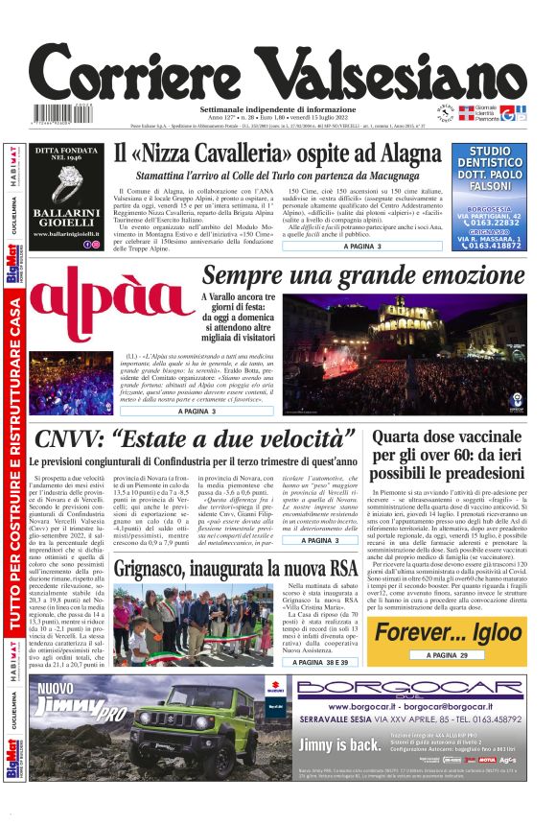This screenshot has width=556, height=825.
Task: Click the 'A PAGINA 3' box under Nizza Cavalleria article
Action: tap(362, 247)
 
